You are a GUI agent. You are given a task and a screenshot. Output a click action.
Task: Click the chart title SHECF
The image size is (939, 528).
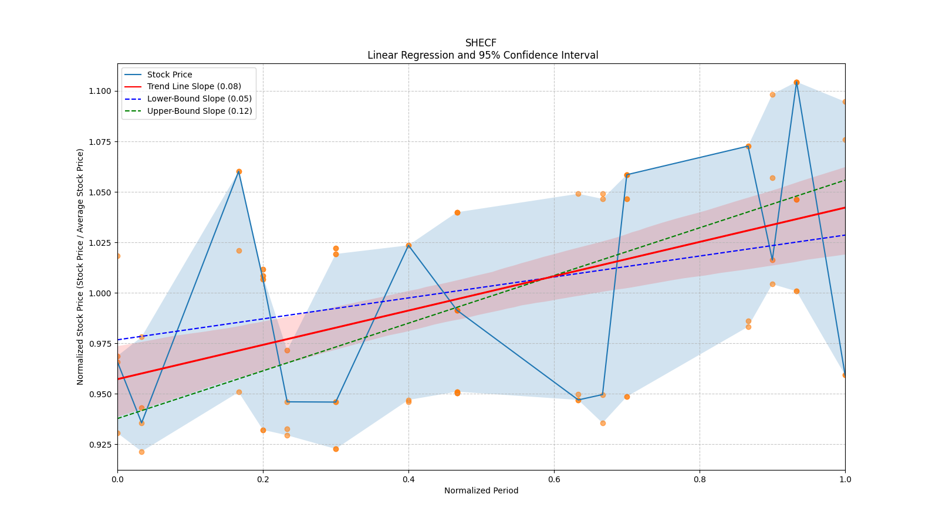click(481, 43)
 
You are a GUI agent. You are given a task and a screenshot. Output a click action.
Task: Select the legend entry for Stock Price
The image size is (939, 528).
click(170, 75)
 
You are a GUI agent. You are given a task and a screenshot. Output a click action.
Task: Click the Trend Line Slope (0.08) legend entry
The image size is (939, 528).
click(194, 87)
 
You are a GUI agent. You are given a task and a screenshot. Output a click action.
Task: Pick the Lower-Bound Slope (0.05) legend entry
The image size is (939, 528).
click(199, 99)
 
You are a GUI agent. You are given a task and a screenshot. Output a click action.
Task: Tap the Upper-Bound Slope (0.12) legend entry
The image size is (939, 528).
click(199, 111)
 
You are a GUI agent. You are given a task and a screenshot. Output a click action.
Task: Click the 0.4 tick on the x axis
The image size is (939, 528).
click(408, 479)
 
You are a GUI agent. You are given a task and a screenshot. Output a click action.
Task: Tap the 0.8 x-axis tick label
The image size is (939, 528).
click(700, 479)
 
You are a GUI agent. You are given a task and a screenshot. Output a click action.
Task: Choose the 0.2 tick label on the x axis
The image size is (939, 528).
click(263, 479)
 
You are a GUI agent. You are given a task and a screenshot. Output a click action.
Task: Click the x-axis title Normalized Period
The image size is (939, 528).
click(481, 490)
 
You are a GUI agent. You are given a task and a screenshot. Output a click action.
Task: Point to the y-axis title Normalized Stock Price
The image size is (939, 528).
click(80, 266)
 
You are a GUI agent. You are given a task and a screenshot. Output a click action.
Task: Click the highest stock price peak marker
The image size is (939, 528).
click(796, 82)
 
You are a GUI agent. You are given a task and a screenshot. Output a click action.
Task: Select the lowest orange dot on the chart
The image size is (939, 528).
click(141, 452)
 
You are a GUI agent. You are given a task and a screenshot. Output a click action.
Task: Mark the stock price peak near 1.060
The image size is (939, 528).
click(239, 171)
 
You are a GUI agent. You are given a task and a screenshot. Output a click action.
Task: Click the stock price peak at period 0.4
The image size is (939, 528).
click(408, 245)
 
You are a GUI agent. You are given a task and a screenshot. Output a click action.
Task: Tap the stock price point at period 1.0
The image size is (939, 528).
click(845, 375)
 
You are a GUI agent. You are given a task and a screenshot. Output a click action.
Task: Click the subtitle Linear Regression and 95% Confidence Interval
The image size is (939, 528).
click(482, 55)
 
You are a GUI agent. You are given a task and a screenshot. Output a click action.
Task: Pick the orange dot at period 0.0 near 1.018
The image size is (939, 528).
click(118, 256)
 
